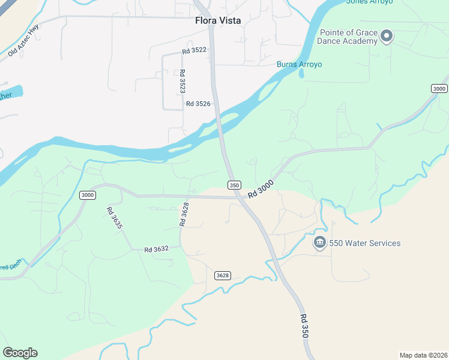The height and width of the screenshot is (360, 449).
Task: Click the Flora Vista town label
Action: pos(218,20)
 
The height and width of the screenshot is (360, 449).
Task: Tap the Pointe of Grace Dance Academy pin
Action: pos(387,37)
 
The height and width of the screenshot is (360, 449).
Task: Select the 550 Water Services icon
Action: pos(319,243)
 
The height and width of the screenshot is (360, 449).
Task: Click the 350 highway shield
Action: pos(234,185)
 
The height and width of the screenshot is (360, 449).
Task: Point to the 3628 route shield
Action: pos(222,275)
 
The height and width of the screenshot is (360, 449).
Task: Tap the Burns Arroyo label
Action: pos(299,64)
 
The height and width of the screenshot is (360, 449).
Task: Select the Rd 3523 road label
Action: pos(182,81)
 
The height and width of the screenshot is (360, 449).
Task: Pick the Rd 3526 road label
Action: pos(198,104)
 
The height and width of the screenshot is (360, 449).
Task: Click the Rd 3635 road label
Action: pos(114,218)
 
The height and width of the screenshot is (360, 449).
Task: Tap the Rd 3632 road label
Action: pos(156,249)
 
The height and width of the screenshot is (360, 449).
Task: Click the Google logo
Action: pos(20,353)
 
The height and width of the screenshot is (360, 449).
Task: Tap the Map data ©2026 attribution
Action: pos(423,355)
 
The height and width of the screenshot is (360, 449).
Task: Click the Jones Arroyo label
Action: pos(370,2)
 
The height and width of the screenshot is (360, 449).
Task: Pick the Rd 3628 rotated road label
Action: pos(184,214)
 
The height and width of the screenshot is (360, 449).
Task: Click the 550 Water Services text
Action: pos(364,243)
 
